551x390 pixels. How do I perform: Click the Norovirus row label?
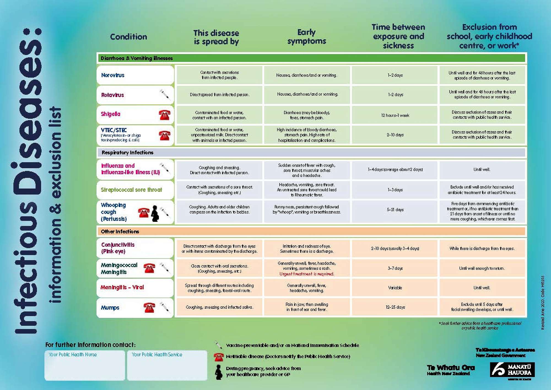tap(113, 75)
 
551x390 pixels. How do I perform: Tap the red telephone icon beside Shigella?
tap(164, 115)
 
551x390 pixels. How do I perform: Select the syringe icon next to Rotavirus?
tap(165, 94)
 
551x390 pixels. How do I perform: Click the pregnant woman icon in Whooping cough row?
tap(155, 213)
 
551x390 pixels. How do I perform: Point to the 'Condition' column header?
tap(128, 37)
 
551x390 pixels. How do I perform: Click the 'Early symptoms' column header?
tap(306, 37)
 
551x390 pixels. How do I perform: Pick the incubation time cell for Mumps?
tap(395, 307)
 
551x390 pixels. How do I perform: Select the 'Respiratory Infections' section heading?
tap(127, 152)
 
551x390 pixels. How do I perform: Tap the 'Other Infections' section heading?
tap(120, 232)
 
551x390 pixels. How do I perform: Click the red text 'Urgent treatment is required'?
tap(307, 274)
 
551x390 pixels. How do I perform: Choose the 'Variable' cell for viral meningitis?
tap(395, 288)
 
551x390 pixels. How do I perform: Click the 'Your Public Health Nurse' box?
tap(85, 365)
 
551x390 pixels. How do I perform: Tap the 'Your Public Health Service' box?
tap(167, 365)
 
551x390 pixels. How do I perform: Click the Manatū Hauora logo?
tap(512, 370)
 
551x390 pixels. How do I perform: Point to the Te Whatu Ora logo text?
tap(451, 370)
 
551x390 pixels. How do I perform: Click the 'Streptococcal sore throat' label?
tap(131, 190)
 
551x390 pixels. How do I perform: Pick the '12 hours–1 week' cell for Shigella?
tap(395, 115)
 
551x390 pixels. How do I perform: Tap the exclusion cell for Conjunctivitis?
tap(482, 248)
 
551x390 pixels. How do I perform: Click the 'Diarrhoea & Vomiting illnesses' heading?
tap(137, 58)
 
